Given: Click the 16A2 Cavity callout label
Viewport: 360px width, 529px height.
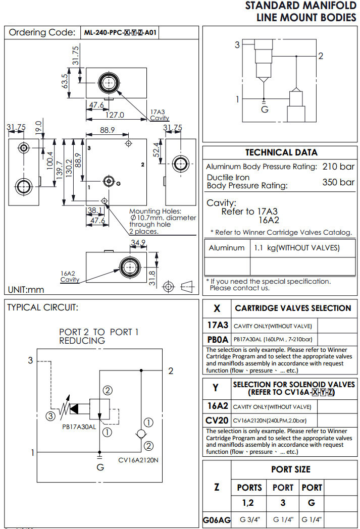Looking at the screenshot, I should [x=70, y=276].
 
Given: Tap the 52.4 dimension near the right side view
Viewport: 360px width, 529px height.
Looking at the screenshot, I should [x=157, y=149].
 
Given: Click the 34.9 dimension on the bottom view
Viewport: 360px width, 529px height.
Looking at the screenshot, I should [x=137, y=243].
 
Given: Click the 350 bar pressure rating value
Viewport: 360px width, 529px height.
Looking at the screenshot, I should [x=338, y=182].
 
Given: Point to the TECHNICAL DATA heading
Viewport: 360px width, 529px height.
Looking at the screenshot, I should [x=281, y=152].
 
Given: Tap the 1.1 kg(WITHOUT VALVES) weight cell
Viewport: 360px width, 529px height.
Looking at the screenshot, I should [x=296, y=248].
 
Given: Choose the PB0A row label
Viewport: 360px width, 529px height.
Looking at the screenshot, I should [x=218, y=339].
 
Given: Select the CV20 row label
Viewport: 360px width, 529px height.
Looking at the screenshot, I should [x=218, y=420].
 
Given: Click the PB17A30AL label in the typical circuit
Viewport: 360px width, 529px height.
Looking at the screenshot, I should [x=79, y=427].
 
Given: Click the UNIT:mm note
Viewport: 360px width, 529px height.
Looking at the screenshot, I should [x=26, y=290].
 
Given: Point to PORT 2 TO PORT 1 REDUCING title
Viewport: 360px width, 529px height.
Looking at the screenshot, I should [x=98, y=336].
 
